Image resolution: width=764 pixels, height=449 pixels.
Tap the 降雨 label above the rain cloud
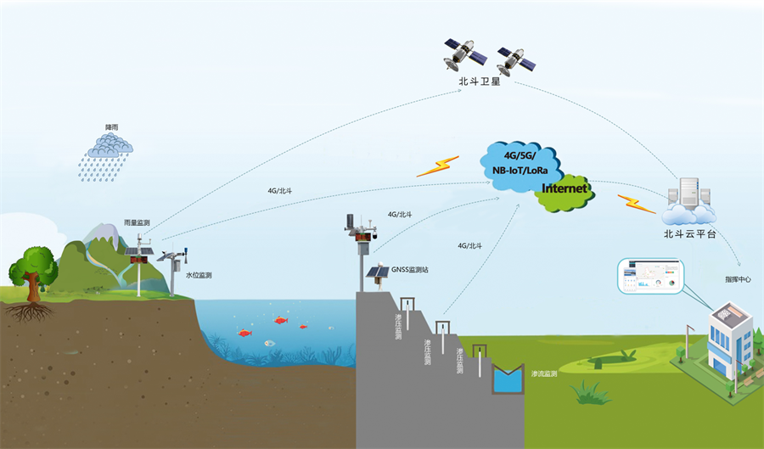(111, 126)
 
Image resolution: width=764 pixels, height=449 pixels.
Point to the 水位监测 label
(199, 275)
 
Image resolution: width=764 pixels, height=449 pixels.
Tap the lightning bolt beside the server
(636, 204)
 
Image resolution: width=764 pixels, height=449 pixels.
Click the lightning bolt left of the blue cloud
(437, 166)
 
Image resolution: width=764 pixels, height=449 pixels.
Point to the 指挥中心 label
(738, 278)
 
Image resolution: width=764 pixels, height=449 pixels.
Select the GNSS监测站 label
(409, 269)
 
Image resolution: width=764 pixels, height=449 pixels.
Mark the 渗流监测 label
(544, 373)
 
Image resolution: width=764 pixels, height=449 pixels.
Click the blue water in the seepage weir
(509, 382)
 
